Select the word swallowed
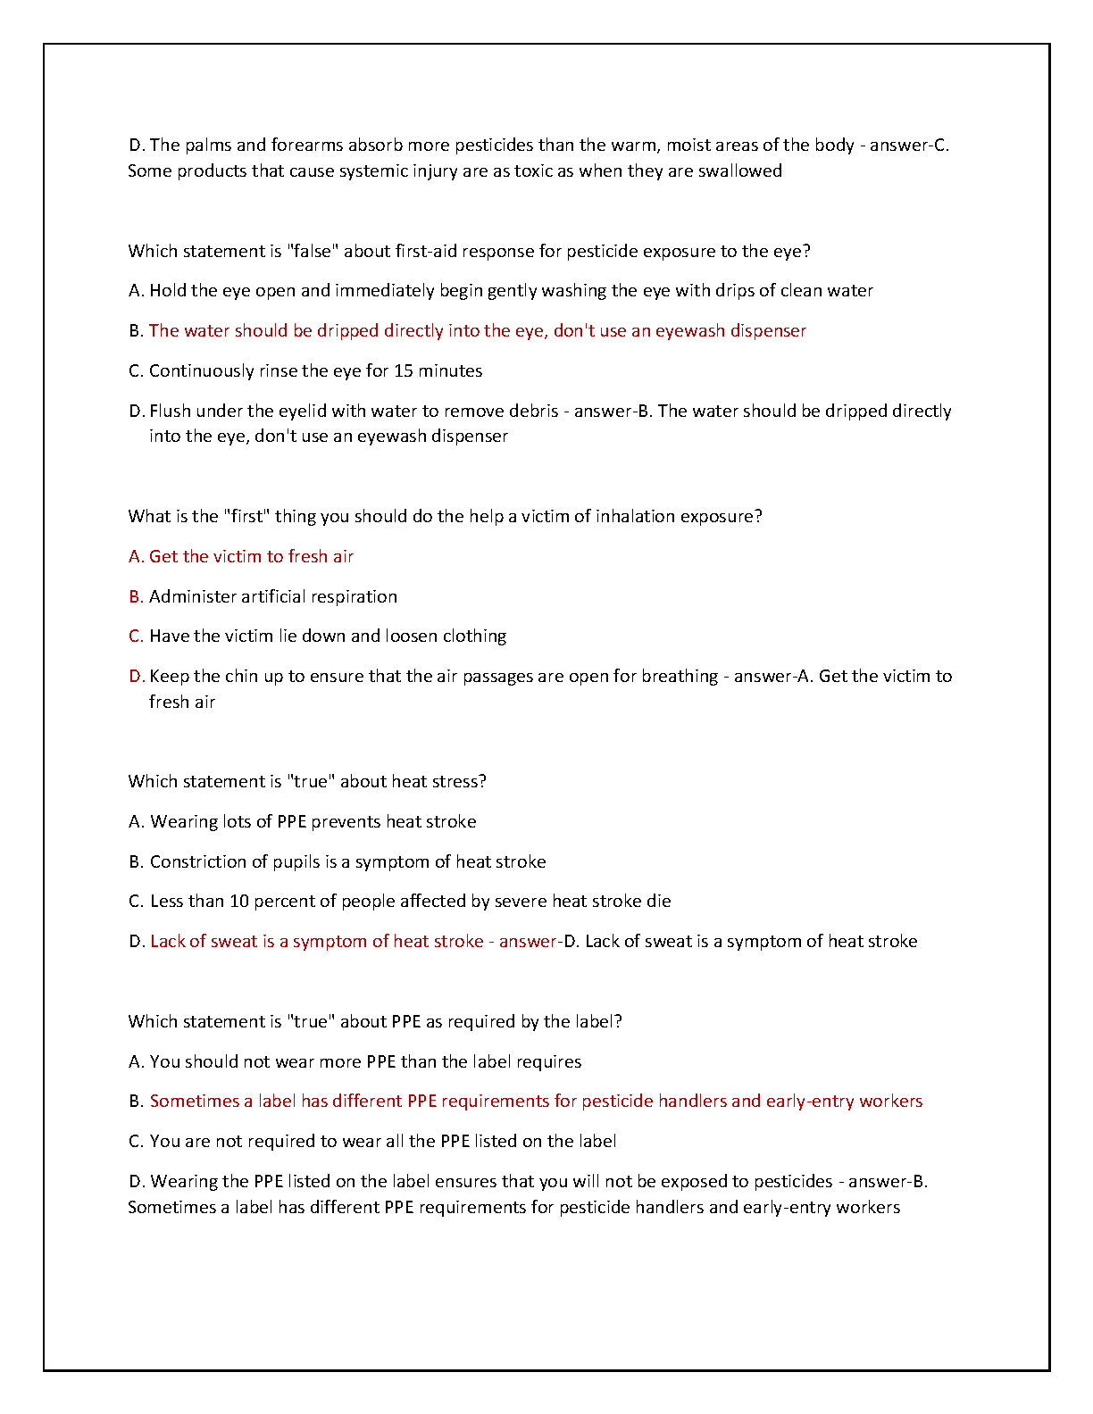[x=740, y=171]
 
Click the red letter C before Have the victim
[x=136, y=636]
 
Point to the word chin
[x=241, y=676]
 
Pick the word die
[x=659, y=901]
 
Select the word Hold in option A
[x=168, y=290]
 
